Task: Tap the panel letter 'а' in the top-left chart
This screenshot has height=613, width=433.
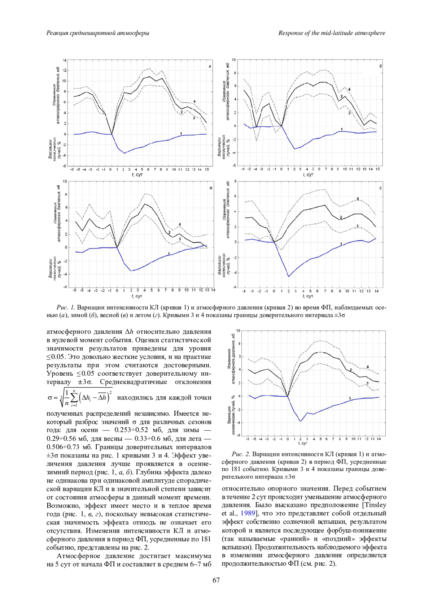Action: pos(210,66)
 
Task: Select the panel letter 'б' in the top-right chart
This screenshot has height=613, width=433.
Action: pos(381,66)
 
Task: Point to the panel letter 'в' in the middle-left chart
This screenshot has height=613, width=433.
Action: pos(211,188)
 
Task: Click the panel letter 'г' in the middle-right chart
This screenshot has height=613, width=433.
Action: pos(381,188)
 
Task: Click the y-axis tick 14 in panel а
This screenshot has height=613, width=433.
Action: pos(64,60)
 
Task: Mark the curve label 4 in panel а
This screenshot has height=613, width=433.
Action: pos(194,102)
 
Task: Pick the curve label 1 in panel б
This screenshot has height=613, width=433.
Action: pos(341,129)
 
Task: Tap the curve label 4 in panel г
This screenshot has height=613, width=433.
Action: pos(358,199)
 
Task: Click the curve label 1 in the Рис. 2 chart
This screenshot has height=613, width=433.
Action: pos(350,398)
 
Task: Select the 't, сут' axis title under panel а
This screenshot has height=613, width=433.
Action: pos(137,174)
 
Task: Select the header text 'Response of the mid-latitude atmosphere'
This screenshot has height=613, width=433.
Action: pos(332,33)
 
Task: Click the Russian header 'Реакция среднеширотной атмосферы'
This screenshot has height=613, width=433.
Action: pos(98,33)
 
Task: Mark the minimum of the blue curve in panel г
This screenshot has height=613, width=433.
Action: pos(288,277)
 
